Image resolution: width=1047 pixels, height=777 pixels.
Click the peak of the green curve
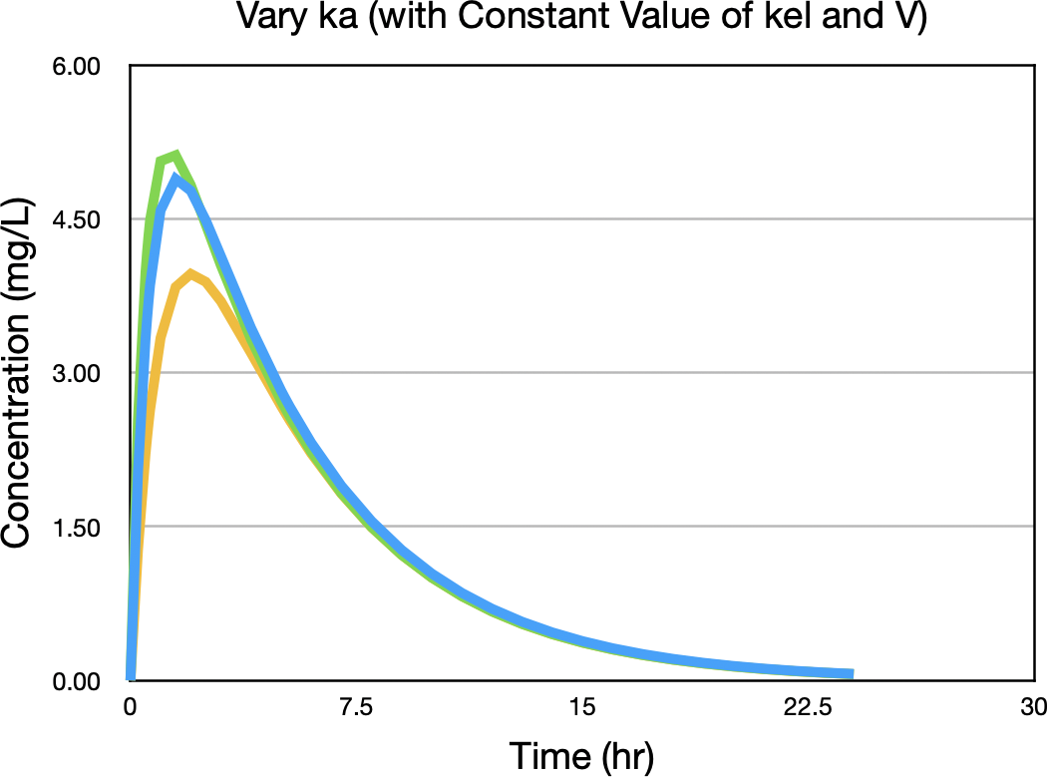(174, 155)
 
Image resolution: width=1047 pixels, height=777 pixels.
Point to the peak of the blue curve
(175, 179)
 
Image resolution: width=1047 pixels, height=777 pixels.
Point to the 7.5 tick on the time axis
(356, 707)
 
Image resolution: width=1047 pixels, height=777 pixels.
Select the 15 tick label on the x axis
(582, 707)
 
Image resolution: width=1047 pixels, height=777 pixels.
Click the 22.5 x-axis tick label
(809, 707)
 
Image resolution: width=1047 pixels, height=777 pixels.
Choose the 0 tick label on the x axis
(130, 707)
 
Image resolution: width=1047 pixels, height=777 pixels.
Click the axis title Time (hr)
(581, 755)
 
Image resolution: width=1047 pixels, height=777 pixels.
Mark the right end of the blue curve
(851, 674)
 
